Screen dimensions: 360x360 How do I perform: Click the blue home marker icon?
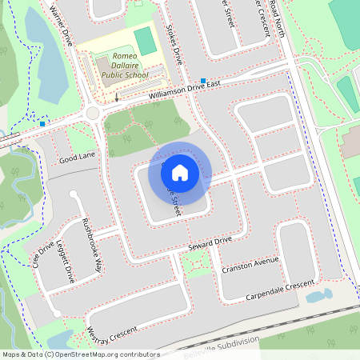coord(180,172)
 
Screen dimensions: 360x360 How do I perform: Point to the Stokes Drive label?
coord(174,46)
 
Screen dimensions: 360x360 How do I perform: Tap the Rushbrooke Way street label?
coord(90,245)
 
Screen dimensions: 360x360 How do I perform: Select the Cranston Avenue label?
coord(251,263)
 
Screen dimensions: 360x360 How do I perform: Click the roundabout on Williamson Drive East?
coord(93,114)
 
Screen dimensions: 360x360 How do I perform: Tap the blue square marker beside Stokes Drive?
coord(204,81)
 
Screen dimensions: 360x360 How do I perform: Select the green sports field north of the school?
coord(145,40)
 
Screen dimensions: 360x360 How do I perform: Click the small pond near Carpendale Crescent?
coord(318,296)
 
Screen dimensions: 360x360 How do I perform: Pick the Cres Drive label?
coord(42,254)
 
